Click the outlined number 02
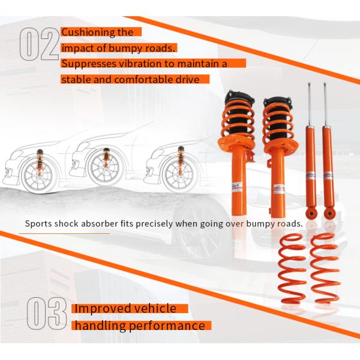click(39, 44)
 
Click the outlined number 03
click(47, 313)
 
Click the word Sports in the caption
click(38, 224)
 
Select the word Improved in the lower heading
click(103, 308)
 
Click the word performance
click(167, 326)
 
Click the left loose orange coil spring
click(292, 268)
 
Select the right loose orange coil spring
click(325, 268)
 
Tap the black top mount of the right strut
click(278, 103)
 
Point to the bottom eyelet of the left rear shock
click(311, 214)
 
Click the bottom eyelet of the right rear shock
click(329, 214)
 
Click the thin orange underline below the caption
click(64, 234)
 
